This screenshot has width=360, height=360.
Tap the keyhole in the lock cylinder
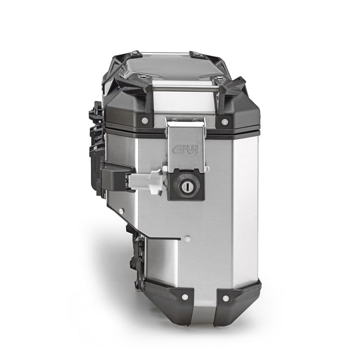click(x=185, y=187)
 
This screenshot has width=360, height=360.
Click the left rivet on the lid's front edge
click(x=145, y=121)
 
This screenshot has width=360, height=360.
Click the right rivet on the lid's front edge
click(x=225, y=121)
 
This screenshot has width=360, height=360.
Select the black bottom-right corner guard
click(x=237, y=300)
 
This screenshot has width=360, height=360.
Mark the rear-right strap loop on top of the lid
click(x=202, y=55)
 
